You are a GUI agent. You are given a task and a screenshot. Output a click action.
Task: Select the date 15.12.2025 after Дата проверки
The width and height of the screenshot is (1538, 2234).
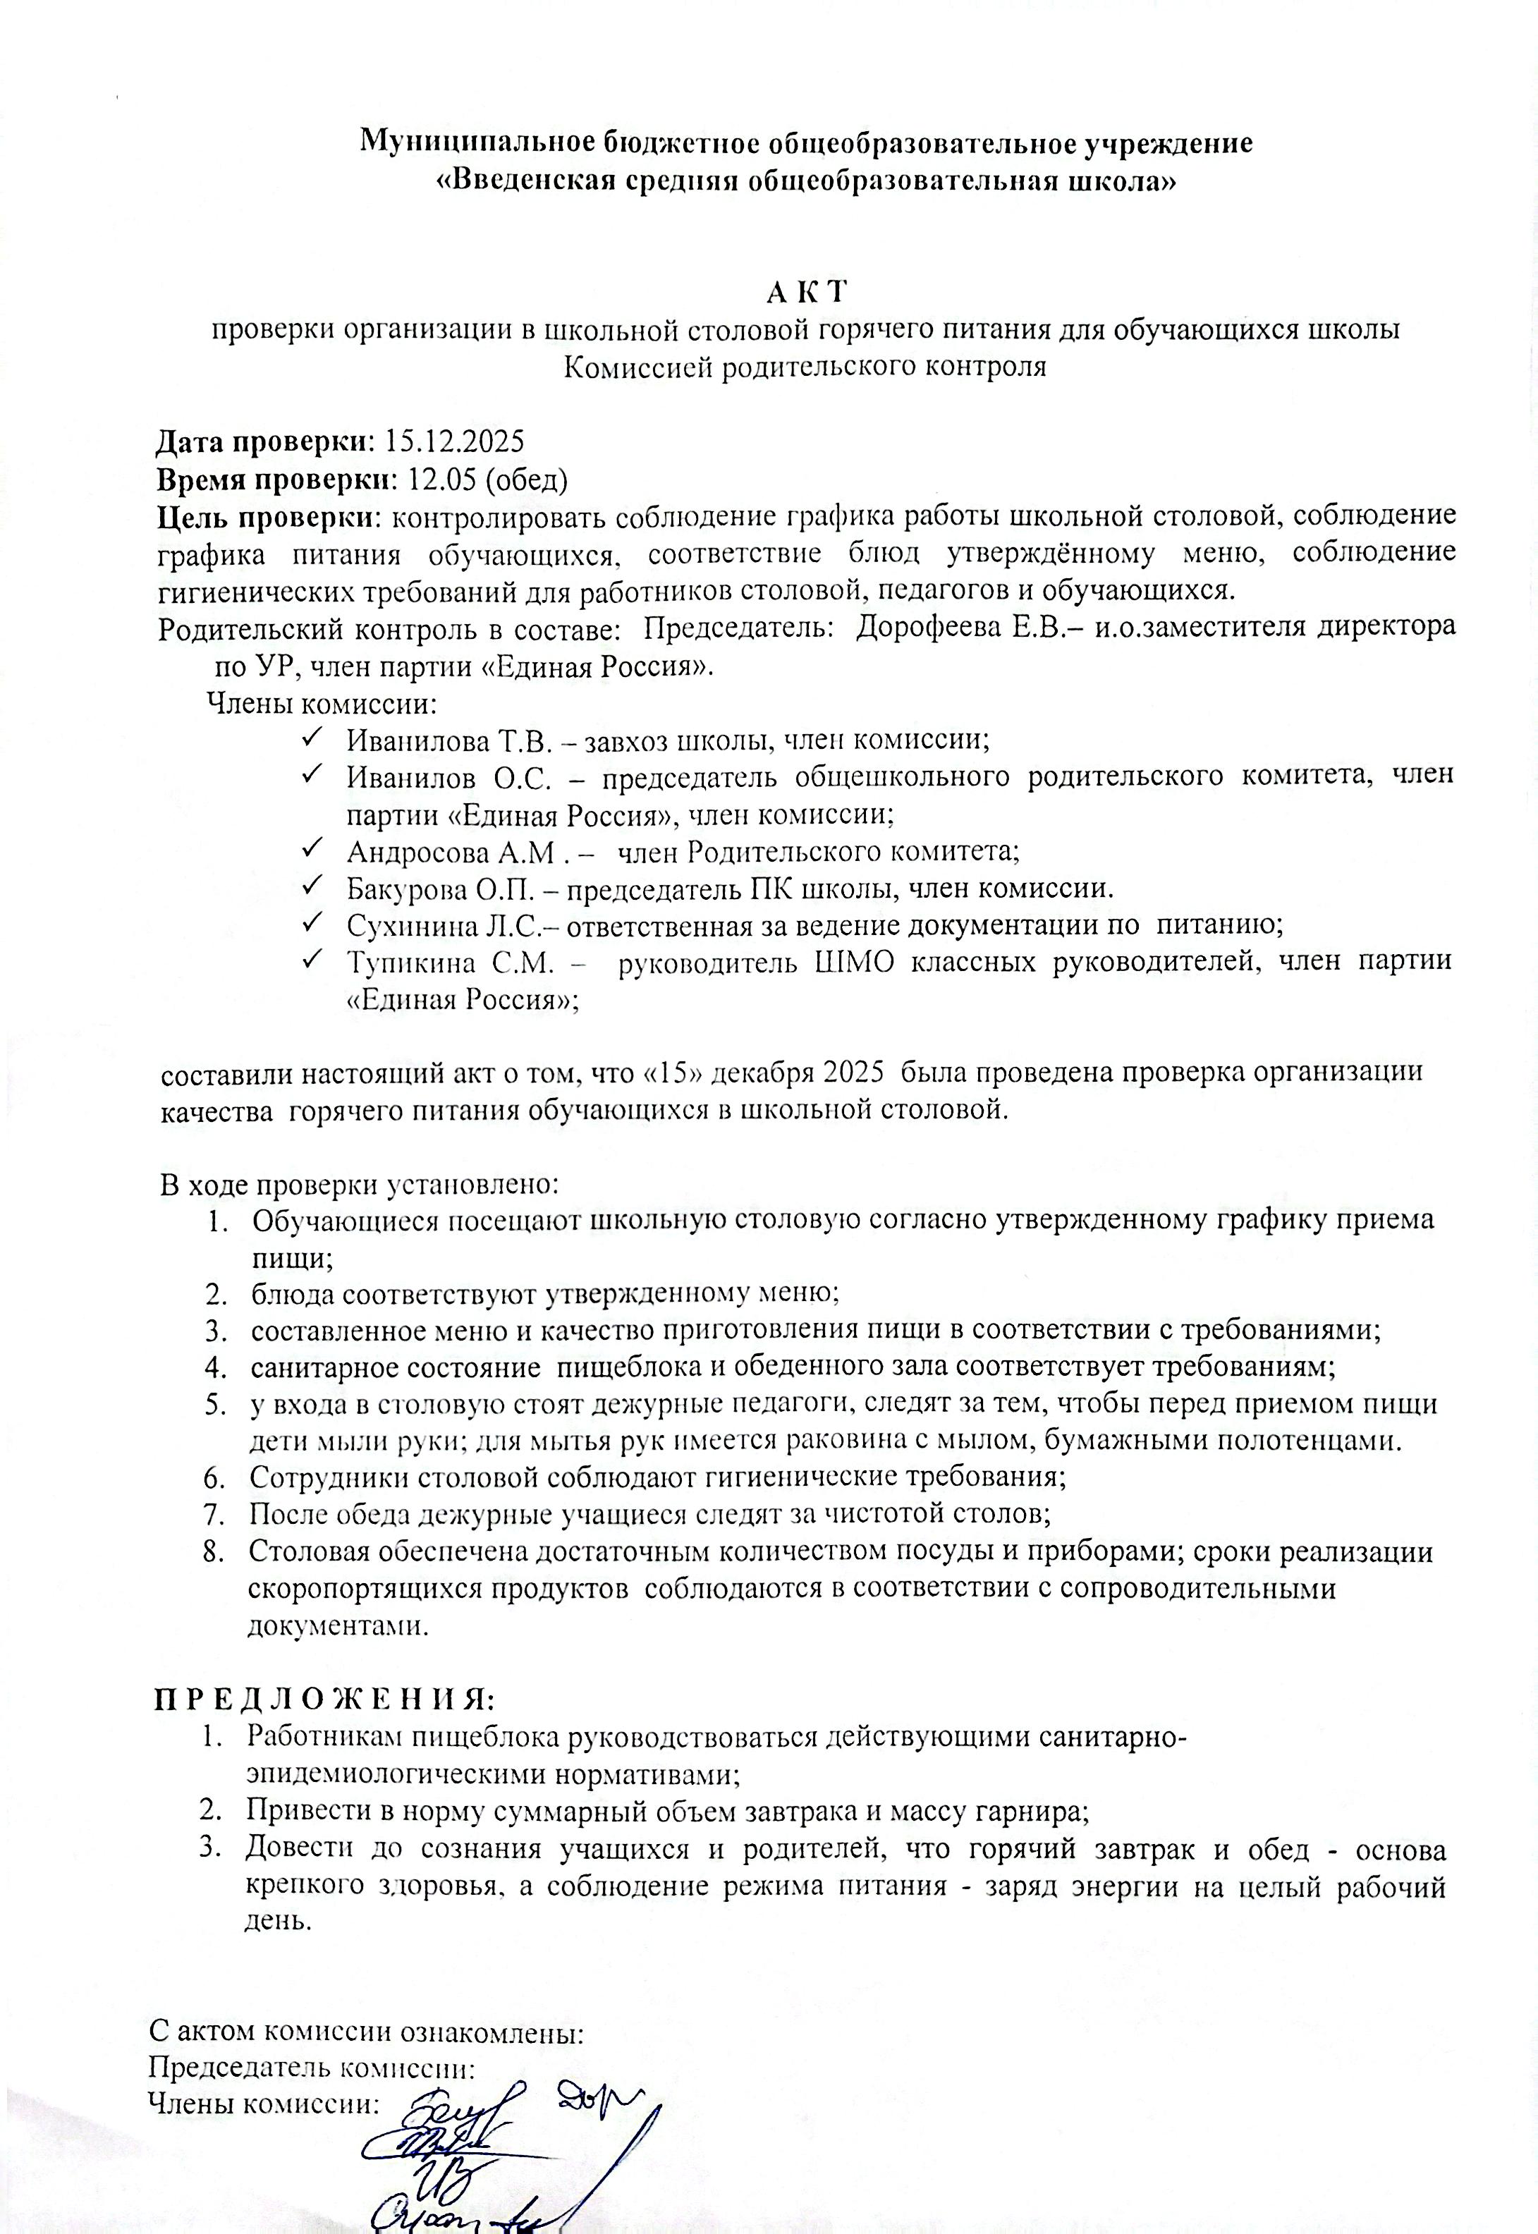point(454,441)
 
